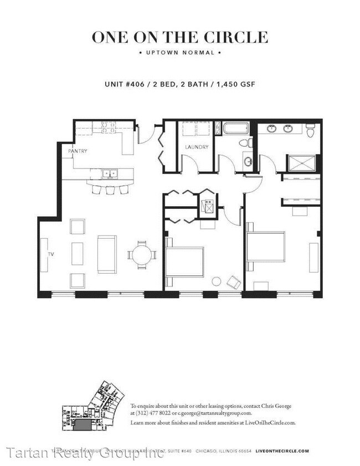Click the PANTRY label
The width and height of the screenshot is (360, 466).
pos(78,151)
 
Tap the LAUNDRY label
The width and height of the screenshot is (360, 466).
pos(196,147)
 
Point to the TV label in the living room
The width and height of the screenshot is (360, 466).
pos(50,254)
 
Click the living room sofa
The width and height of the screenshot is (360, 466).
pos(107,254)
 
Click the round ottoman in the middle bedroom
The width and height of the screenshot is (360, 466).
pos(217,281)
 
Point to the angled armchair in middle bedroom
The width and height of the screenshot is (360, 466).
pos(234,283)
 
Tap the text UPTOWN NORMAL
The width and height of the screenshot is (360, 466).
pos(180,53)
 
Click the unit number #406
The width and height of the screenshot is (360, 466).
pos(135,84)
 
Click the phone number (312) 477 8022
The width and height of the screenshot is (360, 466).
pos(153,413)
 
